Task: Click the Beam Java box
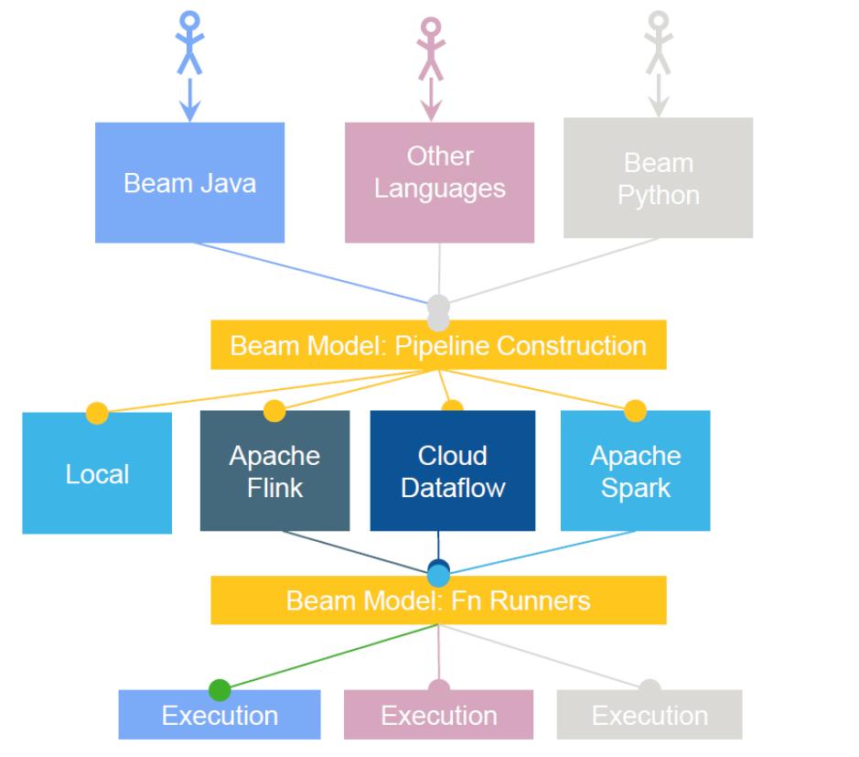tap(189, 182)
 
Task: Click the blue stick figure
tap(189, 41)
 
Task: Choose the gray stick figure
tap(658, 41)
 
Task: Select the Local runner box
tap(97, 474)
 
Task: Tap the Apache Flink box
tap(274, 470)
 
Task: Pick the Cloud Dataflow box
tap(452, 470)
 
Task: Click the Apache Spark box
tap(635, 470)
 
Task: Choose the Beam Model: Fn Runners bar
tap(438, 601)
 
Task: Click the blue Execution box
tap(220, 715)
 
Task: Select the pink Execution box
tap(438, 715)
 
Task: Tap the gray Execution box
tap(650, 715)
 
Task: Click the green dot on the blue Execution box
tap(220, 690)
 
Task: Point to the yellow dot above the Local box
tap(96, 413)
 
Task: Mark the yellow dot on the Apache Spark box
tap(635, 411)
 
